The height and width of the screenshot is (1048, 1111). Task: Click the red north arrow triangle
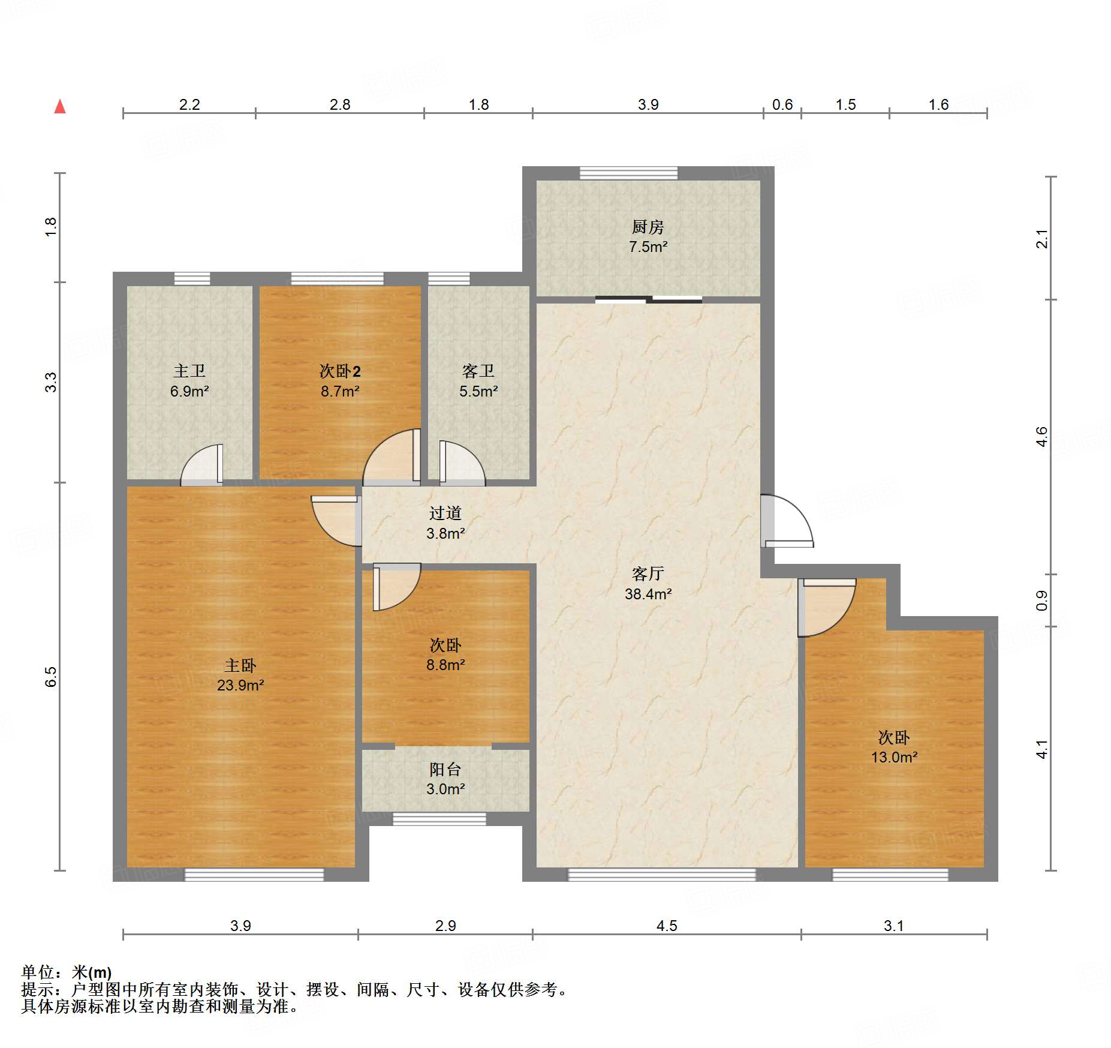(x=60, y=106)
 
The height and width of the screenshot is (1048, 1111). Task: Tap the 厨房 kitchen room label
(x=648, y=227)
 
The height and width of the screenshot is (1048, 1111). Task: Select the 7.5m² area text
(x=648, y=247)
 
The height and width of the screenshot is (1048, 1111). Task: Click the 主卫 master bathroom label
(x=189, y=371)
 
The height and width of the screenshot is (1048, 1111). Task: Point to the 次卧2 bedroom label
(x=340, y=371)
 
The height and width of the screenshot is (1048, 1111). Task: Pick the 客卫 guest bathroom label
(x=478, y=371)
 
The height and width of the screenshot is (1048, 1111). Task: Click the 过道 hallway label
(x=445, y=514)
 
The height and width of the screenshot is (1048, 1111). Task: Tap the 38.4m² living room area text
(x=648, y=594)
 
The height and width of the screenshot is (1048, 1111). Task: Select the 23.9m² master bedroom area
(x=240, y=685)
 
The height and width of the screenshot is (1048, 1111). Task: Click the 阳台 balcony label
(x=445, y=770)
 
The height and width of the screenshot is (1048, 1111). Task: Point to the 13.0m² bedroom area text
(x=895, y=757)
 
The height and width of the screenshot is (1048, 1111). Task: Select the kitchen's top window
(x=628, y=173)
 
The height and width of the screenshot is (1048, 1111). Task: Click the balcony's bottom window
(x=439, y=819)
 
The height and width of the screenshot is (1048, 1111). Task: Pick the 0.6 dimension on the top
(x=782, y=105)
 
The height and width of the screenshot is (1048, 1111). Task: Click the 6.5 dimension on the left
(x=51, y=677)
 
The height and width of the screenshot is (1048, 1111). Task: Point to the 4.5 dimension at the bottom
(x=667, y=926)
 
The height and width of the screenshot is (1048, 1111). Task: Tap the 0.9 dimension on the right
(x=1042, y=600)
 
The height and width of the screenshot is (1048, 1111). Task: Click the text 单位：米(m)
(x=67, y=972)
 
